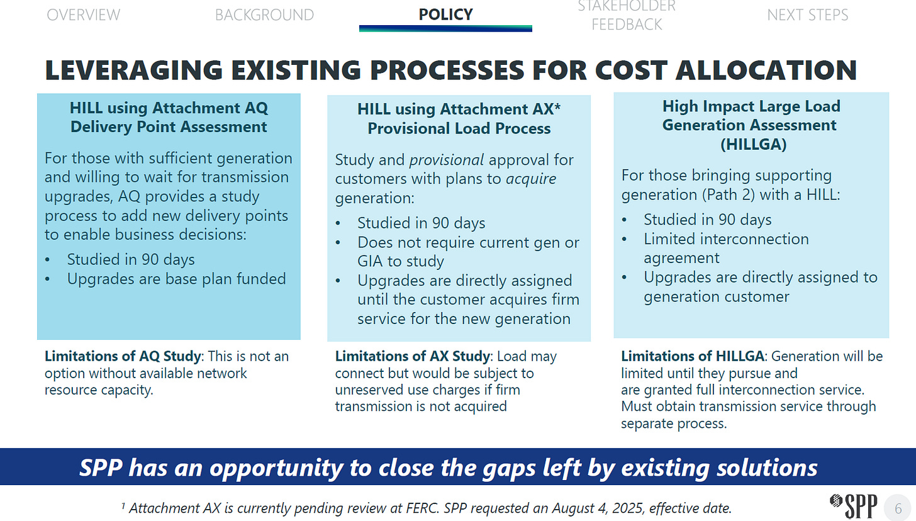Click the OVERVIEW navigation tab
tap(84, 15)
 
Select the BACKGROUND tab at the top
tap(265, 15)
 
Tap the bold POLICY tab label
tap(445, 14)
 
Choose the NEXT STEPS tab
tap(808, 15)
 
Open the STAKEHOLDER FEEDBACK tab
tap(627, 16)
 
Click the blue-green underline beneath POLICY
tap(445, 28)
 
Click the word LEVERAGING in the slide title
tap(134, 70)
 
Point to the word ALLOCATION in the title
tap(766, 70)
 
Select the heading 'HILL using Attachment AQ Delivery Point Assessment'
tap(169, 118)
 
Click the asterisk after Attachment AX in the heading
tap(557, 106)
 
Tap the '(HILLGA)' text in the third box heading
tap(753, 144)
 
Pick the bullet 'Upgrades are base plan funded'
tap(176, 279)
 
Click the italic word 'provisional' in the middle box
tap(447, 160)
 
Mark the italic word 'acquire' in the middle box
tap(531, 179)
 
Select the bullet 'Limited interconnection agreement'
tap(726, 249)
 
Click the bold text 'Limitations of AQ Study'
tap(123, 356)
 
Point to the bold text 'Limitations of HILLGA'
tap(692, 356)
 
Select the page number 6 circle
tap(898, 508)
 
